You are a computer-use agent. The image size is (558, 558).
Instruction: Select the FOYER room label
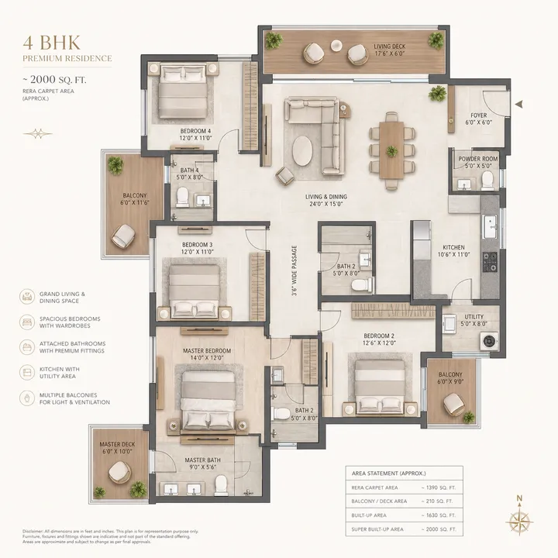(x=478, y=119)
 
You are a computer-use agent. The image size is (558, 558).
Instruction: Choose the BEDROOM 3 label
(x=195, y=248)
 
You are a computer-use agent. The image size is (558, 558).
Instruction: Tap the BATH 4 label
(x=190, y=174)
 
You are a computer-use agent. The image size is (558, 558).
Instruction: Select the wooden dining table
(x=390, y=149)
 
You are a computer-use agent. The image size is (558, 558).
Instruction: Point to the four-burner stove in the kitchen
(x=490, y=263)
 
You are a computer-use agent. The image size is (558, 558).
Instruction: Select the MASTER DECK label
(x=117, y=438)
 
